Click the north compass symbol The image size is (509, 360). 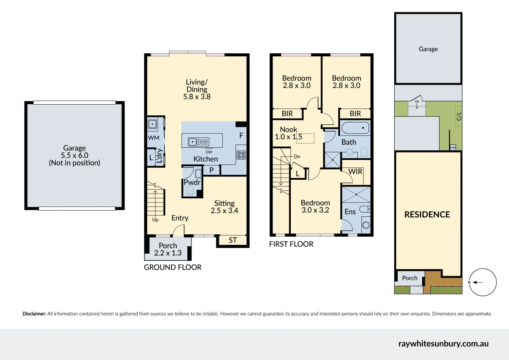pyautogui.click(x=482, y=282)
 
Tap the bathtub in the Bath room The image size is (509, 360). pyautogui.click(x=355, y=128)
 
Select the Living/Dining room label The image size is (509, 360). pyautogui.click(x=197, y=89)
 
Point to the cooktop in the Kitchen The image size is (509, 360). pyautogui.click(x=241, y=155)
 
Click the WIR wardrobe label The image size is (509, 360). pyautogui.click(x=355, y=172)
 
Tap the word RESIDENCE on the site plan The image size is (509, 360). pyautogui.click(x=427, y=215)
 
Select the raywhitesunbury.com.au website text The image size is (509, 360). pyautogui.click(x=443, y=344)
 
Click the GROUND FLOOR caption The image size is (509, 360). pyautogui.click(x=172, y=267)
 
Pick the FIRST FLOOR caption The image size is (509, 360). pyautogui.click(x=291, y=244)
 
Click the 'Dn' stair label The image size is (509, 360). pyautogui.click(x=297, y=157)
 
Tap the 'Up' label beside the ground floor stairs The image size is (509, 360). pyautogui.click(x=155, y=220)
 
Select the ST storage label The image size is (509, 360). pyautogui.click(x=232, y=240)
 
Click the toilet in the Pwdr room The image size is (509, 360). pyautogui.click(x=190, y=191)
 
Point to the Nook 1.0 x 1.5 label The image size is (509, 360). pyautogui.click(x=288, y=133)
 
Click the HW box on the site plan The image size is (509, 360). pyautogui.click(x=453, y=147)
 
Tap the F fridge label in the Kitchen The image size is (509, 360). pyautogui.click(x=241, y=136)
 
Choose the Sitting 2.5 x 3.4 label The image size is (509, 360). pyautogui.click(x=224, y=207)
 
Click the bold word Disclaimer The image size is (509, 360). pyautogui.click(x=34, y=314)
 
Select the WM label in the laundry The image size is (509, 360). pyautogui.click(x=153, y=138)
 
